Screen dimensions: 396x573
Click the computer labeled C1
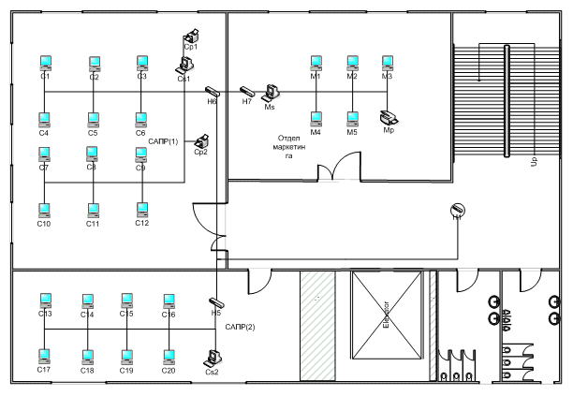pyautogui.click(x=44, y=63)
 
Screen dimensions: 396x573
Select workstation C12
pyautogui.click(x=142, y=210)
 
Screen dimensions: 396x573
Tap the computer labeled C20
pyautogui.click(x=169, y=357)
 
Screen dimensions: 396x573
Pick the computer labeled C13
pyautogui.click(x=44, y=301)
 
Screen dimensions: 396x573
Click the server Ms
pyautogui.click(x=271, y=93)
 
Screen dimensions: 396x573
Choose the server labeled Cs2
pyautogui.click(x=213, y=357)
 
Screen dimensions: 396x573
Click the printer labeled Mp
pyautogui.click(x=389, y=118)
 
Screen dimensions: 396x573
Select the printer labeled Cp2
pyautogui.click(x=199, y=141)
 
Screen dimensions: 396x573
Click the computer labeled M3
pyautogui.click(x=387, y=63)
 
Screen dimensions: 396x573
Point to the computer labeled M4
pyautogui.click(x=316, y=118)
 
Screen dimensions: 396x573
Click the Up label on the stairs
pyautogui.click(x=534, y=162)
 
